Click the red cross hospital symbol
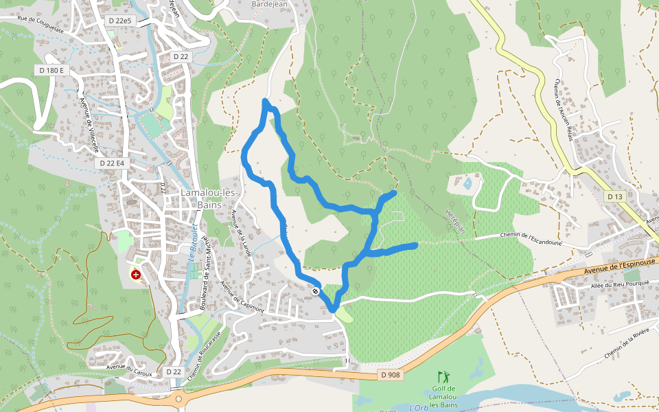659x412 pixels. [135, 275]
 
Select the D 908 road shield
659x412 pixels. [390, 375]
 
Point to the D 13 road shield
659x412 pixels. [614, 196]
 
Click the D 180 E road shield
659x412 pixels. [51, 70]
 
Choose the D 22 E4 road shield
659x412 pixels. [112, 163]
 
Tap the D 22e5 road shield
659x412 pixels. [119, 21]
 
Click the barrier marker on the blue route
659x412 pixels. [316, 291]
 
